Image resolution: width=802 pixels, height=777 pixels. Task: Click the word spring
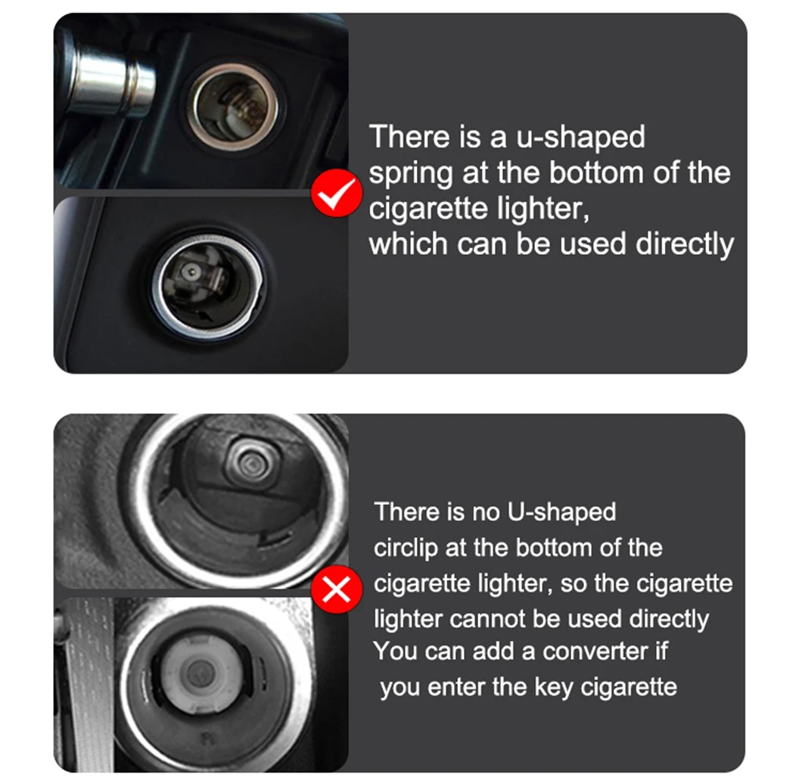405,173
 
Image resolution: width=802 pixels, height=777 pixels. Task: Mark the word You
395,651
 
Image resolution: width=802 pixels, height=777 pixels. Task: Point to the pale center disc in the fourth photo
198,670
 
